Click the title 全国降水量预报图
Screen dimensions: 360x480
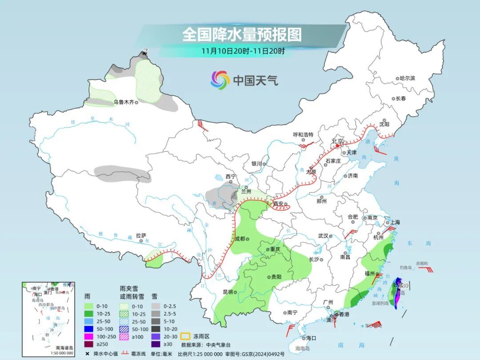pyautogui.click(x=242, y=34)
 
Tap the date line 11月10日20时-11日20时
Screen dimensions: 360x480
pyautogui.click(x=243, y=51)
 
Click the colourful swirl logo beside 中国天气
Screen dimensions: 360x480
pyautogui.click(x=220, y=80)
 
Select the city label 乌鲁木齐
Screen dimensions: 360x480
pyautogui.click(x=123, y=102)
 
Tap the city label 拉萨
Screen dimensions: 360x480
pyautogui.click(x=141, y=236)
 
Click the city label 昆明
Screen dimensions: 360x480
pyautogui.click(x=228, y=292)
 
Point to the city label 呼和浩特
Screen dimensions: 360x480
pyautogui.click(x=303, y=134)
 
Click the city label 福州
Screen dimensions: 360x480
pyautogui.click(x=369, y=273)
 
